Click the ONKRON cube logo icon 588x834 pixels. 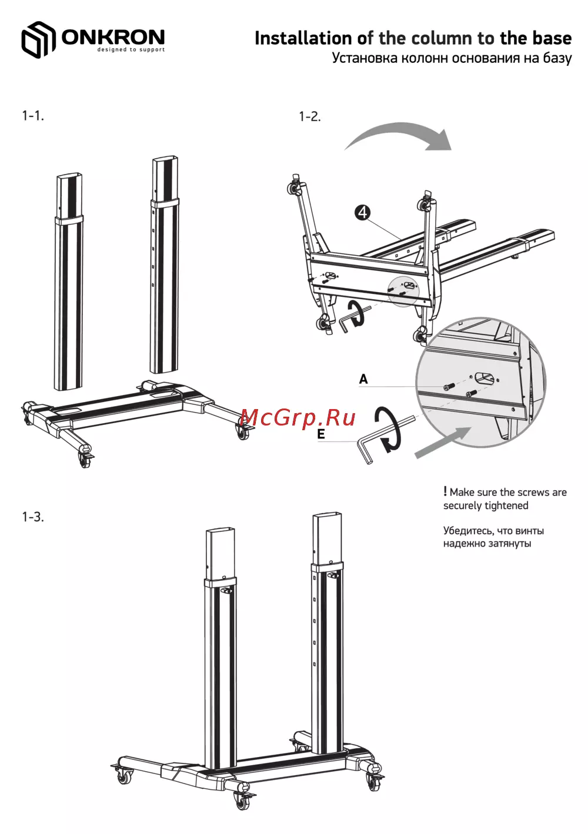point(38,39)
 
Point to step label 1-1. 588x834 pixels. point(33,116)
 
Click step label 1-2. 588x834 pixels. point(310,117)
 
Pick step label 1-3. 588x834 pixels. point(33,517)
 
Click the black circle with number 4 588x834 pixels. point(362,213)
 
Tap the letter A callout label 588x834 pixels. point(363,379)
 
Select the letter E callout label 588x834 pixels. point(321,434)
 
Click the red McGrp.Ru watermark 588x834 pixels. point(298,418)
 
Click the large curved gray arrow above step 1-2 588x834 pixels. point(399,133)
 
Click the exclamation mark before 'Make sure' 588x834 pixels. point(445,491)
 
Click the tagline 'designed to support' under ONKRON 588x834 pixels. point(131,49)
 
